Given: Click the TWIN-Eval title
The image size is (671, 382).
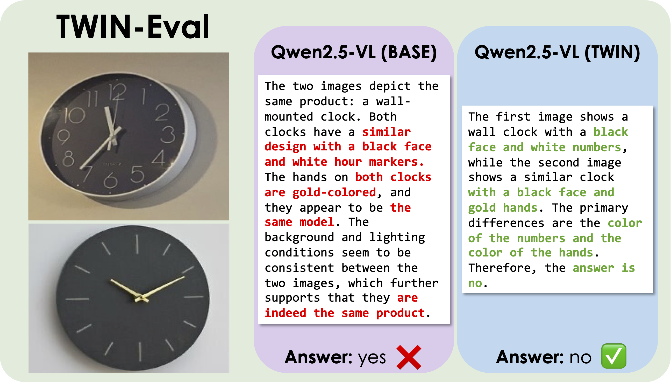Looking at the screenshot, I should pyautogui.click(x=133, y=27).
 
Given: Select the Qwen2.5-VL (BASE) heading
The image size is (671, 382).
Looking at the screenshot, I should pyautogui.click(x=354, y=52).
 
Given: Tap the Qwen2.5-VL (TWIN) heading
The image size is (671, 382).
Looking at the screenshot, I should pyautogui.click(x=557, y=52).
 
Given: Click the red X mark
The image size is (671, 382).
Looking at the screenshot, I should pyautogui.click(x=409, y=357).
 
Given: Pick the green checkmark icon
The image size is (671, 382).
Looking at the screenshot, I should pyautogui.click(x=613, y=356).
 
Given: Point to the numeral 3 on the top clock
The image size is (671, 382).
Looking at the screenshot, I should pyautogui.click(x=168, y=135).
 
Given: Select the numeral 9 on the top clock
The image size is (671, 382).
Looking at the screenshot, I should pyautogui.click(x=64, y=137).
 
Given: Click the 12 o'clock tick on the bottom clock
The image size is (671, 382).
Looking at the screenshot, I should pyautogui.click(x=137, y=244).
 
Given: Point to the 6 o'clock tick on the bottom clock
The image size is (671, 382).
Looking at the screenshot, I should pyautogui.click(x=140, y=352).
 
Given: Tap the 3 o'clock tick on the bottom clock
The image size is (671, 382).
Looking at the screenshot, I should pyautogui.click(x=194, y=297).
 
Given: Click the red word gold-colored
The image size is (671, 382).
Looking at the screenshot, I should pyautogui.click(x=334, y=193).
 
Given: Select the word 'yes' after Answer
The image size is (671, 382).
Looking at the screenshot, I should pyautogui.click(x=372, y=358).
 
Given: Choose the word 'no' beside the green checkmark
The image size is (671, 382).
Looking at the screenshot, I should pyautogui.click(x=581, y=358).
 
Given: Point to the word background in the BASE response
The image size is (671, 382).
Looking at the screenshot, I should pyautogui.click(x=299, y=238).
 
